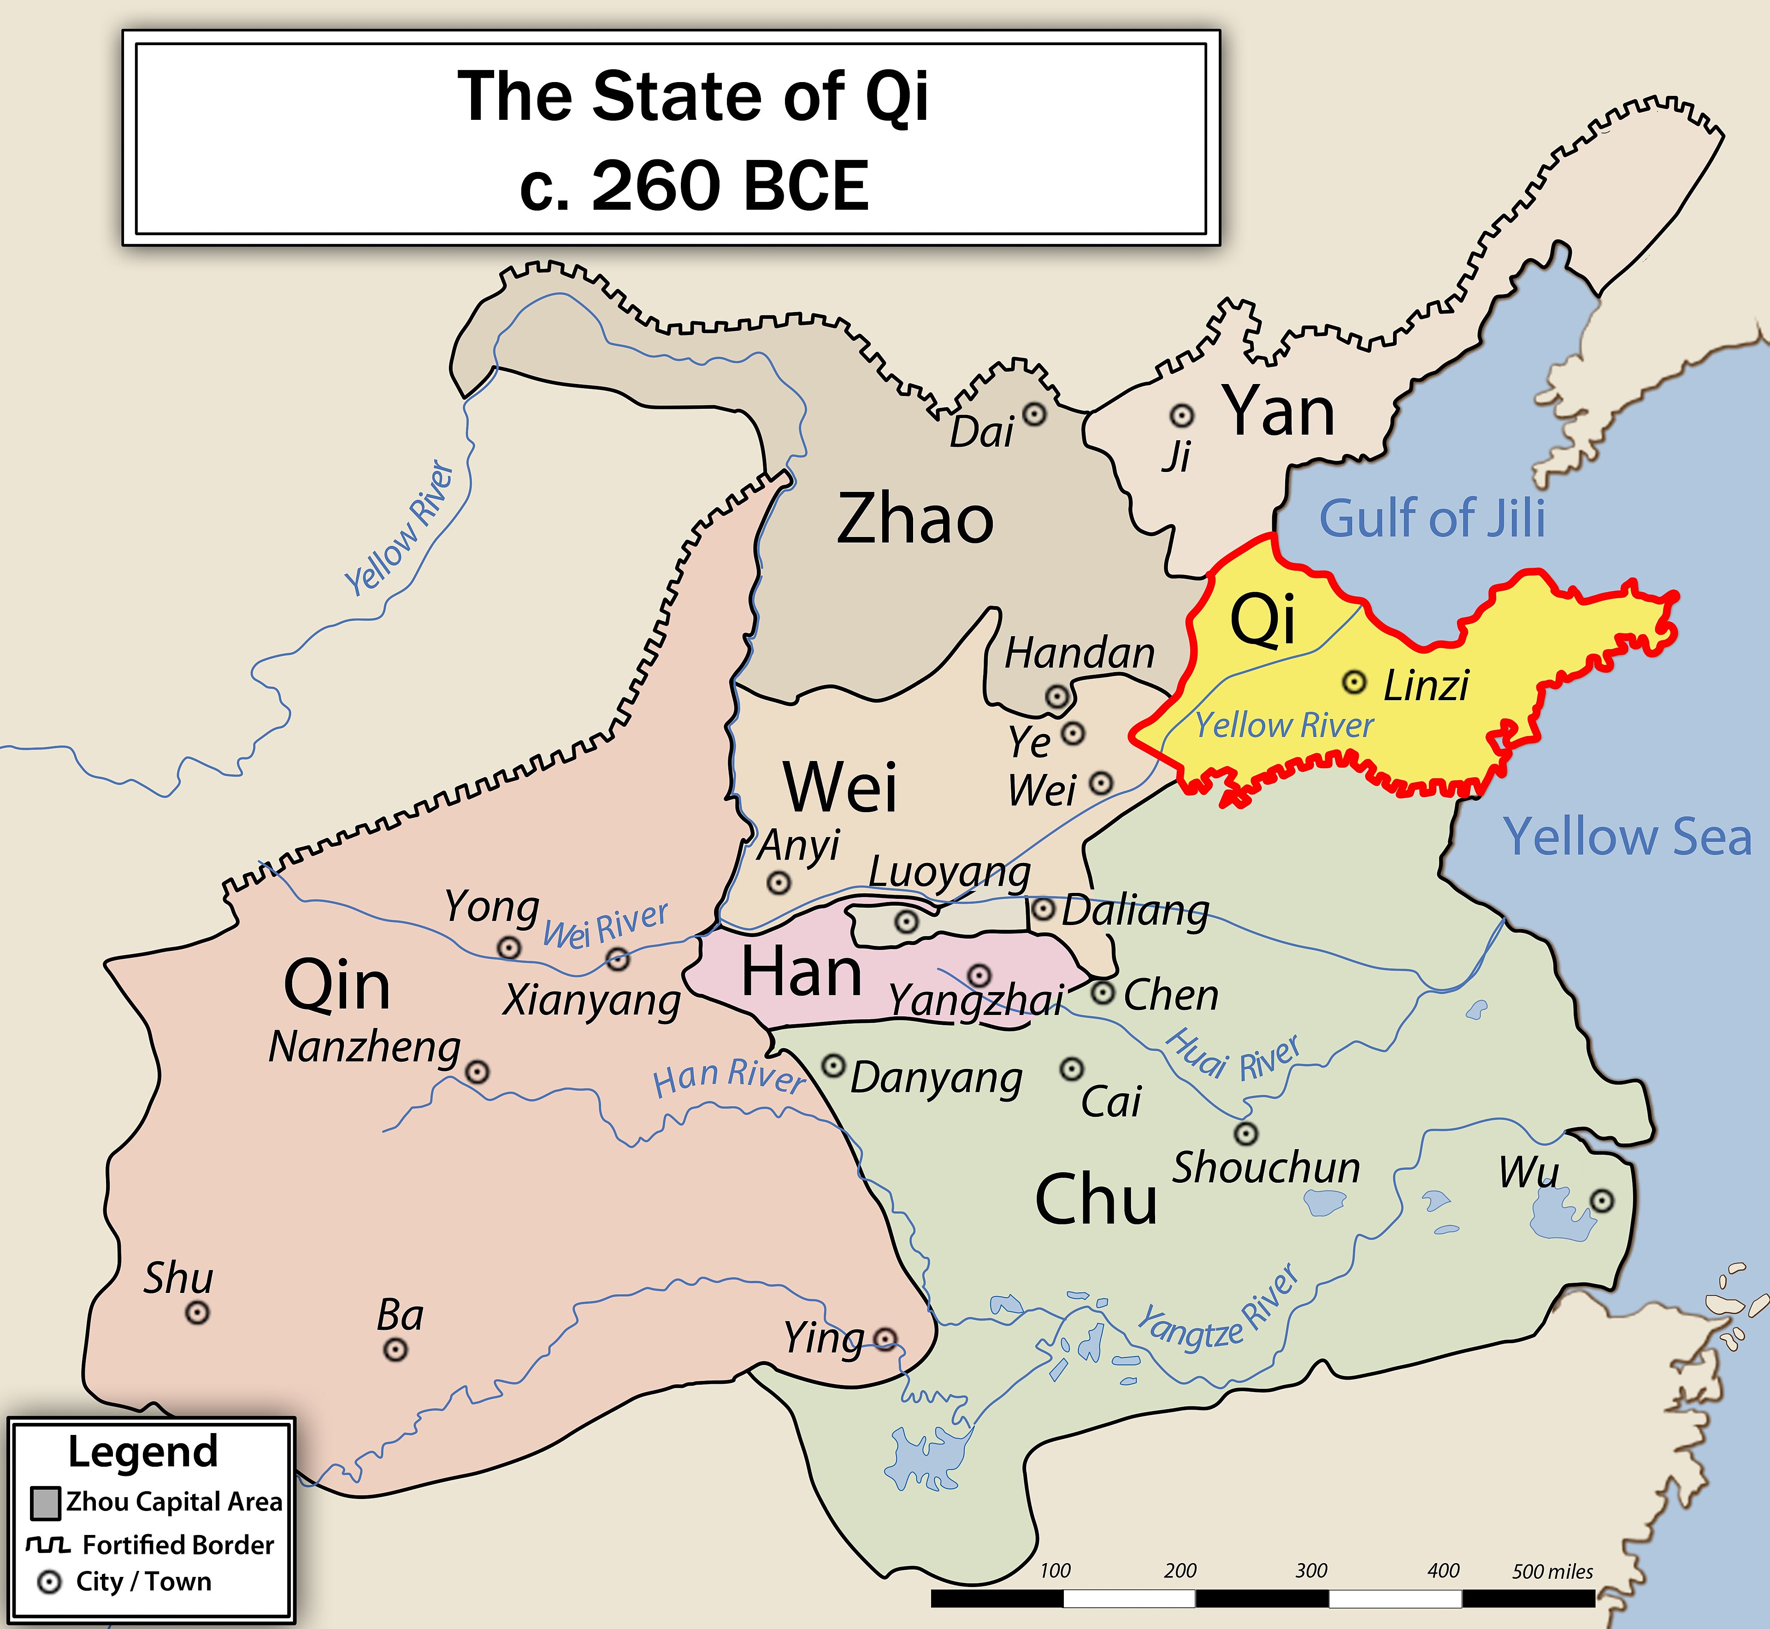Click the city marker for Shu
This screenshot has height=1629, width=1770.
pos(197,1312)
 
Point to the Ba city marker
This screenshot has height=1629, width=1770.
pos(395,1350)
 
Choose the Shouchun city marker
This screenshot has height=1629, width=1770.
pos(1245,1133)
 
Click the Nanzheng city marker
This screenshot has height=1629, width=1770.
pos(477,1072)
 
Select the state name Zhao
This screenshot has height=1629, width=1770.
pos(915,519)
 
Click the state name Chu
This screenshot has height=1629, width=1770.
pos(1096,1200)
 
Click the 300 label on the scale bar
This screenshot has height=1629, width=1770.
pos(1311,1570)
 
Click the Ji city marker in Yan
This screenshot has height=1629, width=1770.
pos(1181,415)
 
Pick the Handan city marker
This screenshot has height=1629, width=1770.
pos(1057,696)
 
